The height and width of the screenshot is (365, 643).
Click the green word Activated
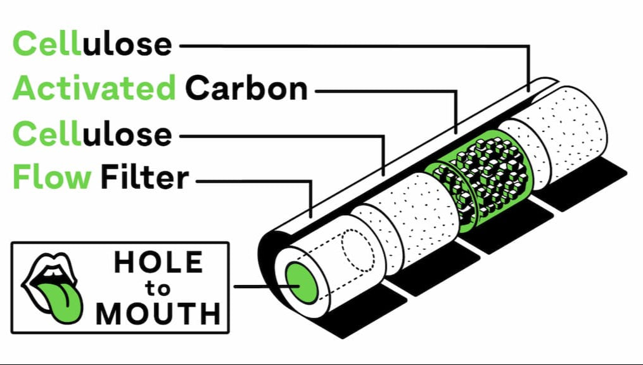(x=94, y=88)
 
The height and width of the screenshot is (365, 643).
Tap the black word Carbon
(x=246, y=88)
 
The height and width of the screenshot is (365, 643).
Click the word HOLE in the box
(x=158, y=262)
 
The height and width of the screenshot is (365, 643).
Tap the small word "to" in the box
(x=158, y=289)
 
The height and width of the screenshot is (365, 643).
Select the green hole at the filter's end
(x=302, y=283)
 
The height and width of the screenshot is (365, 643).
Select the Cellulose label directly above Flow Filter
(x=92, y=133)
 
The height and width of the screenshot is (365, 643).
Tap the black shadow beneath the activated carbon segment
(x=509, y=226)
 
